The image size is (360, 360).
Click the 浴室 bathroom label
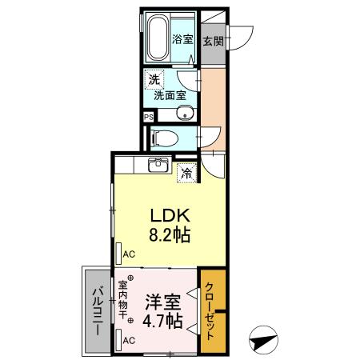click(182, 38)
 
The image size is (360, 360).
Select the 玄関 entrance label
click(212, 41)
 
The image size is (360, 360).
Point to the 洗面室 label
click(170, 94)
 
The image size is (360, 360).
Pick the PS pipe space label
click(147, 116)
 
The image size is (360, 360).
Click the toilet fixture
click(162, 136)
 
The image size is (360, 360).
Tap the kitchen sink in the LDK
click(157, 166)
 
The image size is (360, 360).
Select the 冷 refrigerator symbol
click(186, 171)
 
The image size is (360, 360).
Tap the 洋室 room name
click(162, 302)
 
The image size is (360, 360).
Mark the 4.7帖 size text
click(162, 322)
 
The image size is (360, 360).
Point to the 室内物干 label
click(124, 302)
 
